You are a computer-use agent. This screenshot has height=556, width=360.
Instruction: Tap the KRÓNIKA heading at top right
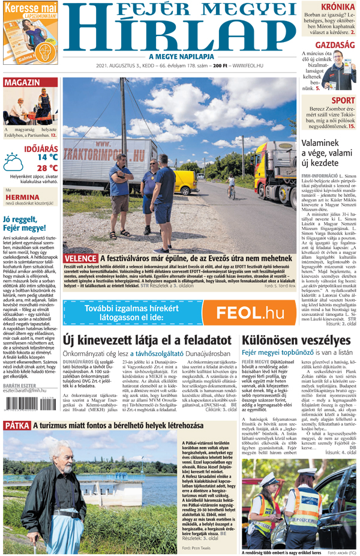338,7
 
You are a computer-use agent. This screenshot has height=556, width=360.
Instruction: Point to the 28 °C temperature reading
47,168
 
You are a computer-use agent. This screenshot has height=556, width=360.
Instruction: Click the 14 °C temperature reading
47,157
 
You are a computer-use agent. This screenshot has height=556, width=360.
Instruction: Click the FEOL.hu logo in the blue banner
250,312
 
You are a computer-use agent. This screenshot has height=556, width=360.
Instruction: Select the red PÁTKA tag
17,426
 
